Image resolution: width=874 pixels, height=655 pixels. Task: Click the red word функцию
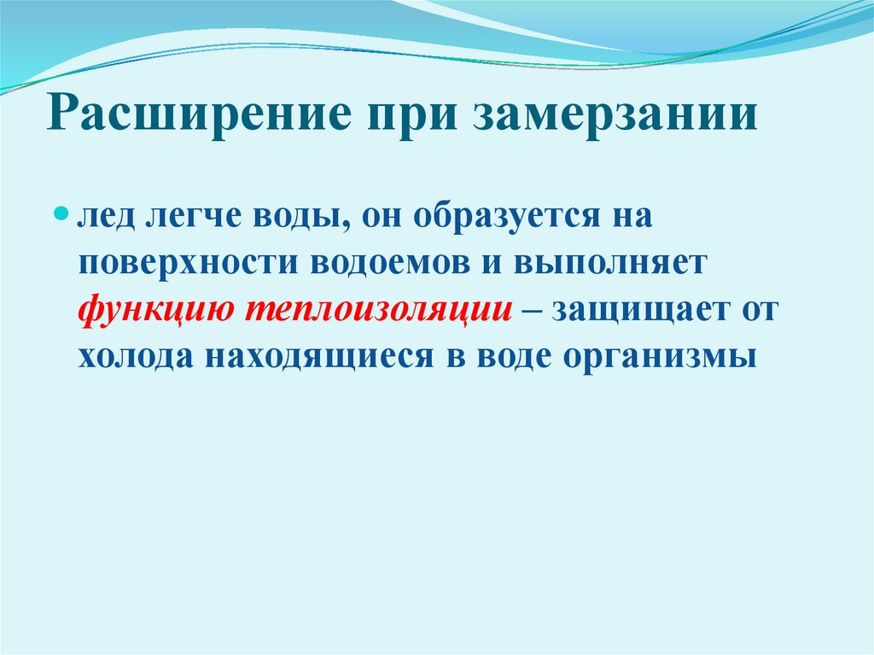(x=153, y=310)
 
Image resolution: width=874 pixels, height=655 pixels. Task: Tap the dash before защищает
(x=531, y=310)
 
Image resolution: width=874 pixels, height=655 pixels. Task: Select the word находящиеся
(x=320, y=355)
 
